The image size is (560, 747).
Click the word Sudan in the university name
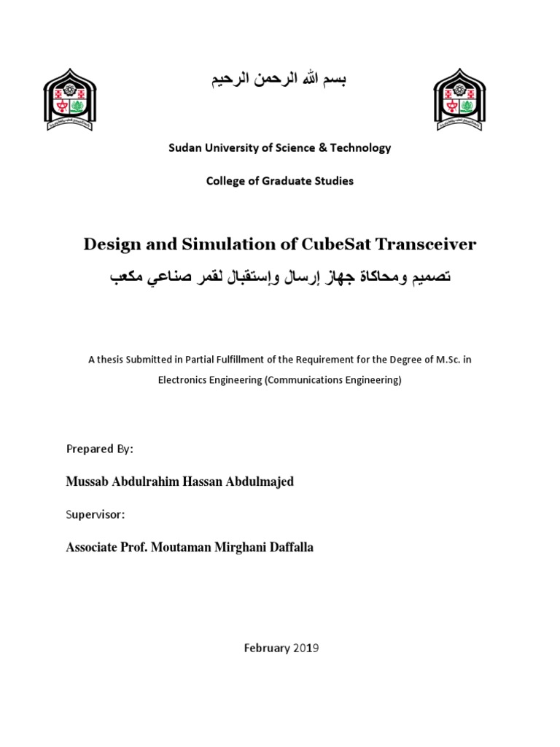point(185,147)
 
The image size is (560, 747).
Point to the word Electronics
point(184,380)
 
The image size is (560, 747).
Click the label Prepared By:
point(100,449)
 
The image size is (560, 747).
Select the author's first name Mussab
point(87,482)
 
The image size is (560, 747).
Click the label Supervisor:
point(96,514)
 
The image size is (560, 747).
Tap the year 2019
point(306,648)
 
